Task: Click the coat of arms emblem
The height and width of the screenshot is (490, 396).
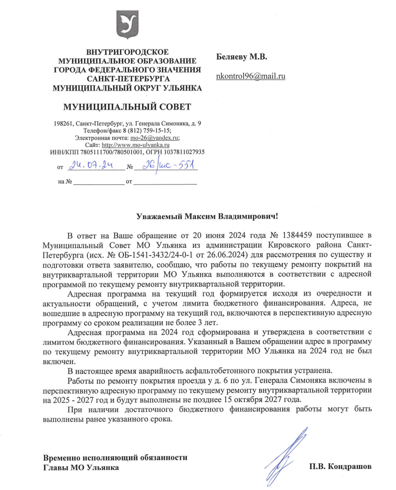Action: click(127, 25)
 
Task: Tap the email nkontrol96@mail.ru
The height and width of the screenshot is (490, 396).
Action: click(251, 77)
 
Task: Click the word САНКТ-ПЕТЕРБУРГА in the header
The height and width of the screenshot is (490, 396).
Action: click(126, 77)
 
